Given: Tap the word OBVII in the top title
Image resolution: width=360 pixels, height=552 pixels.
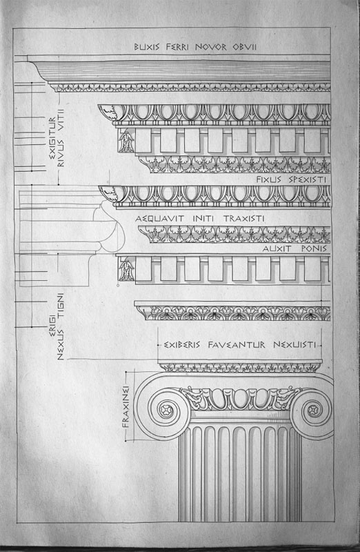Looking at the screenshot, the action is pos(245,47).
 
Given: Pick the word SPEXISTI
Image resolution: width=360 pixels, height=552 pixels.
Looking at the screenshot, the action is pos(308,179).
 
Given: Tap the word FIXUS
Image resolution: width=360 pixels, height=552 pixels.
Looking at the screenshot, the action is pos(268,179).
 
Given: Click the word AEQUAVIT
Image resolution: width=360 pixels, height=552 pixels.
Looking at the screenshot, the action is pos(159,219).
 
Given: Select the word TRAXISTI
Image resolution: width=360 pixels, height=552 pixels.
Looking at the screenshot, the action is pos(244,219).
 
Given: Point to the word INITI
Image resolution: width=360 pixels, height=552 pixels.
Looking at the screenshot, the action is pos(203,219).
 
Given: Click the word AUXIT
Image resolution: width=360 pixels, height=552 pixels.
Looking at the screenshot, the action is pos(277,248).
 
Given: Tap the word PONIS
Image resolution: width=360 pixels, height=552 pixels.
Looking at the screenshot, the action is pos(314,248).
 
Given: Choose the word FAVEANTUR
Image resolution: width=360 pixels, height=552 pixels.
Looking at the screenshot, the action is pos(237,344).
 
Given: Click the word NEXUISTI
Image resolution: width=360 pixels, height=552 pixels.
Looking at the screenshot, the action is pos(294,344).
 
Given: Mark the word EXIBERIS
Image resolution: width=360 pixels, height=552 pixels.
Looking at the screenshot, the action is pos(182,344).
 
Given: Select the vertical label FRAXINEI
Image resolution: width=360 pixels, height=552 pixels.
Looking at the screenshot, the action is pos(126,407).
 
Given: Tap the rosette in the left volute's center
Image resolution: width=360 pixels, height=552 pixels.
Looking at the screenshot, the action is pos(165,409).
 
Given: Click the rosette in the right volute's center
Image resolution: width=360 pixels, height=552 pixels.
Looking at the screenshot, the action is pos(312,409).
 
